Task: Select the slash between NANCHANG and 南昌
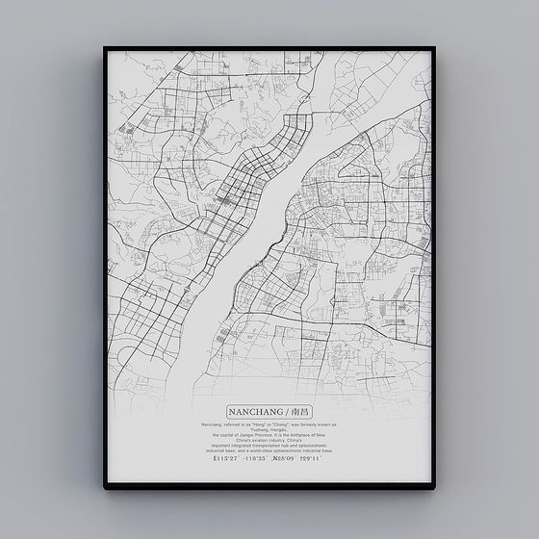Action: click(x=284, y=411)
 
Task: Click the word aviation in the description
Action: click(x=267, y=440)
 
